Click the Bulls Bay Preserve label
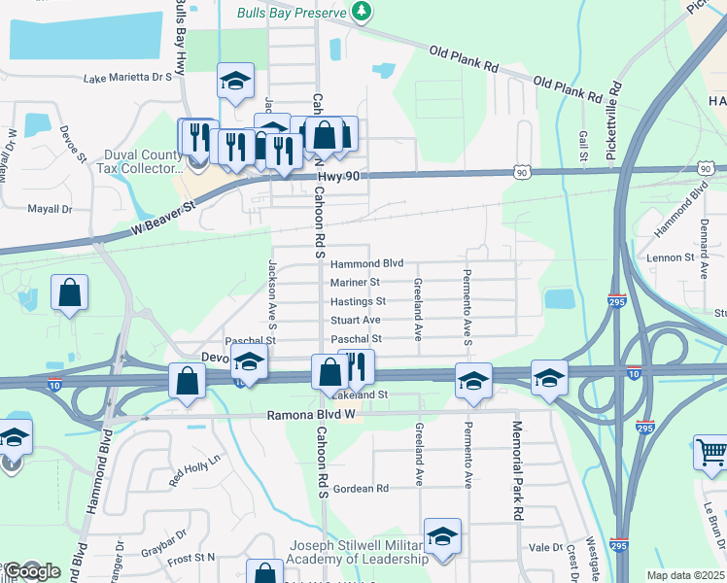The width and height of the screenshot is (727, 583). coord(293,13)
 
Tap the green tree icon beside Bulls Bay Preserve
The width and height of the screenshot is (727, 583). coord(362,12)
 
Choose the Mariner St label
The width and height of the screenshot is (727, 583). coord(355,283)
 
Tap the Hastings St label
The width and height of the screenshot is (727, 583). coord(358,301)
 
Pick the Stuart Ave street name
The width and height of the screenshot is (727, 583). coord(355,320)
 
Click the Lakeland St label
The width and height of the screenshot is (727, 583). coord(360,395)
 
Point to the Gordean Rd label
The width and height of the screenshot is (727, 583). coord(361,488)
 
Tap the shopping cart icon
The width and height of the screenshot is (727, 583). coord(710,453)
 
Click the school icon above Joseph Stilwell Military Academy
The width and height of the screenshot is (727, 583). coord(442,535)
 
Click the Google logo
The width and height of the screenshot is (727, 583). coord(32,571)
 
